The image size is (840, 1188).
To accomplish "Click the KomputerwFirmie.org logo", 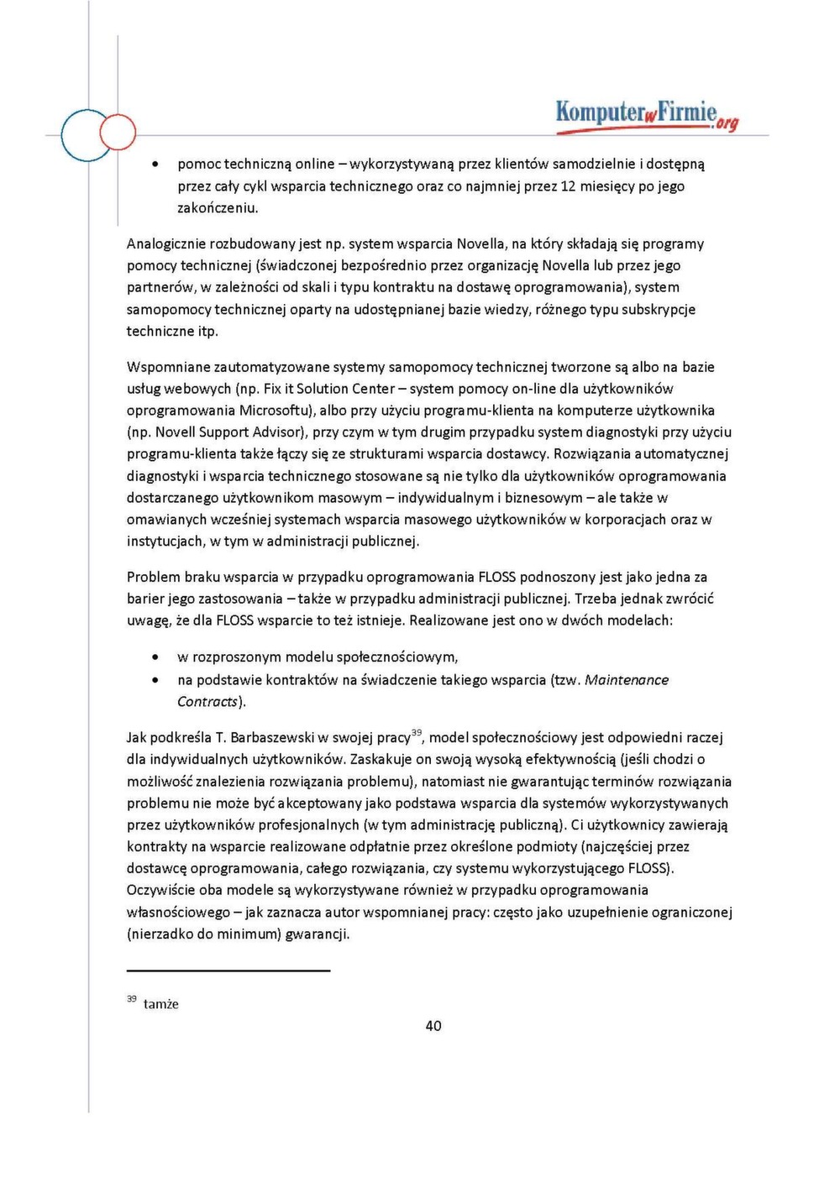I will [646, 115].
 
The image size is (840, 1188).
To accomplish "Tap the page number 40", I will [433, 1025].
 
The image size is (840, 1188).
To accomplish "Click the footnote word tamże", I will [160, 1004].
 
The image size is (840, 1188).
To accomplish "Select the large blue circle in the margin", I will [86, 135].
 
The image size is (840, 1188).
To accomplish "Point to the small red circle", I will [118, 132].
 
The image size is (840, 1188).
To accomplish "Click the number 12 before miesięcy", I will [568, 186].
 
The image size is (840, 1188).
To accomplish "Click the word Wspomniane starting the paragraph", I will [168, 367].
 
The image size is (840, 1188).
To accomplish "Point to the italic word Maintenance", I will [627, 680].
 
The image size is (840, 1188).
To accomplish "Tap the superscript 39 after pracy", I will [417, 733].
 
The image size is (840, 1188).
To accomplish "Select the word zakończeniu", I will [218, 208].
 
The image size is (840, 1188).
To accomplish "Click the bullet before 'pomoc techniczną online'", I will [155, 165].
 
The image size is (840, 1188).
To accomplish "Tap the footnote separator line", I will [228, 971].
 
